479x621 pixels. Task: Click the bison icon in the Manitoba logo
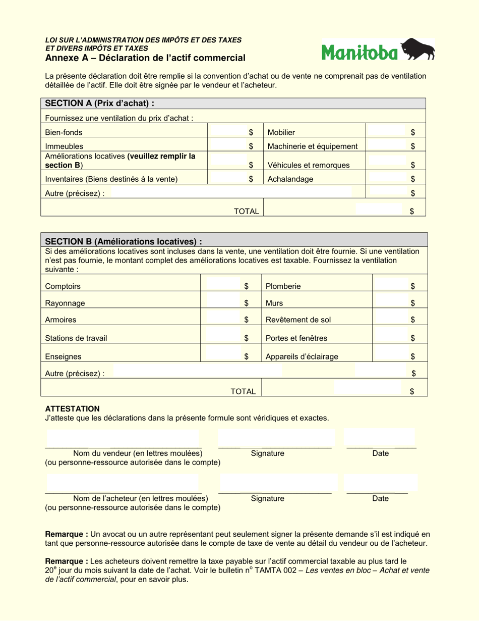coord(417,49)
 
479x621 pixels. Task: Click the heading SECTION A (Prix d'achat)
coord(99,103)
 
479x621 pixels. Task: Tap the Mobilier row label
coord(281,132)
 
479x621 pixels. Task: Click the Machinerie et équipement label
coord(313,146)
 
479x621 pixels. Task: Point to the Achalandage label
coord(290,179)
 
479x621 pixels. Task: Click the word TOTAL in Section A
coord(246,212)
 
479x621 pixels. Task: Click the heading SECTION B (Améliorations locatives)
coord(123,241)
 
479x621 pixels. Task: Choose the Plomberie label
coord(283,286)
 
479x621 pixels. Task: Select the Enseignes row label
coord(63,356)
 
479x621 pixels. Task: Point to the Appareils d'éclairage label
coord(302,356)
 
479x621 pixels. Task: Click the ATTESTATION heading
coord(72,409)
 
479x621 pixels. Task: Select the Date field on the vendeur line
coord(379,438)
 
